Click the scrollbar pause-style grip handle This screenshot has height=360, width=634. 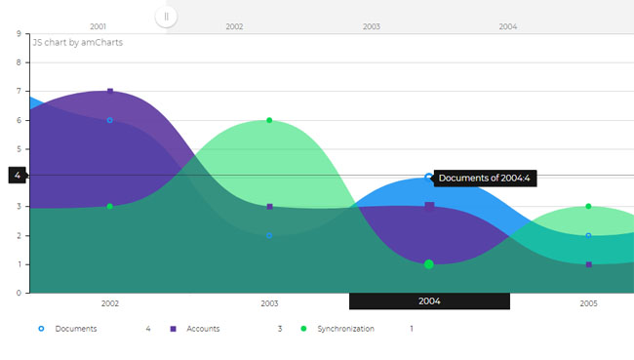tap(166, 17)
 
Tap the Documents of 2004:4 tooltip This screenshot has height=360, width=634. tap(485, 178)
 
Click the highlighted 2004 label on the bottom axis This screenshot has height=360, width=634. tap(429, 301)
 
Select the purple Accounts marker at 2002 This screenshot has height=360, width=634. tap(110, 92)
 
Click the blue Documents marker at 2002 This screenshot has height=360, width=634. tap(109, 120)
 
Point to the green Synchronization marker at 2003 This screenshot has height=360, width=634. tap(269, 120)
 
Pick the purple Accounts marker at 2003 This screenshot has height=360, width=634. tap(269, 207)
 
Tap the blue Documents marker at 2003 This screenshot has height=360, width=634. tap(269, 235)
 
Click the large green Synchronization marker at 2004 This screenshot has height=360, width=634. tap(429, 264)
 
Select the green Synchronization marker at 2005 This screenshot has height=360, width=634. tap(588, 206)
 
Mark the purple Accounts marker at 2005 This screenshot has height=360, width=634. tap(589, 264)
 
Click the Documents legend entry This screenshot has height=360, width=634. tap(67, 329)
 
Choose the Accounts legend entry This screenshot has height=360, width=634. tap(195, 329)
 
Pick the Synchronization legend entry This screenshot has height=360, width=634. tap(337, 329)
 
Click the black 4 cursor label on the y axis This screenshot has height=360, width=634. tap(17, 176)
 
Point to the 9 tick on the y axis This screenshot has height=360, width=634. tap(19, 33)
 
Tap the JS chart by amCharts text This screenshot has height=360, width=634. tap(78, 43)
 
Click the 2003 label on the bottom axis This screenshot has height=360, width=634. tap(269, 303)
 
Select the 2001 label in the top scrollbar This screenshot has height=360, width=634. tap(98, 26)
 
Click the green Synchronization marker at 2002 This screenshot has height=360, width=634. tap(109, 206)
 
